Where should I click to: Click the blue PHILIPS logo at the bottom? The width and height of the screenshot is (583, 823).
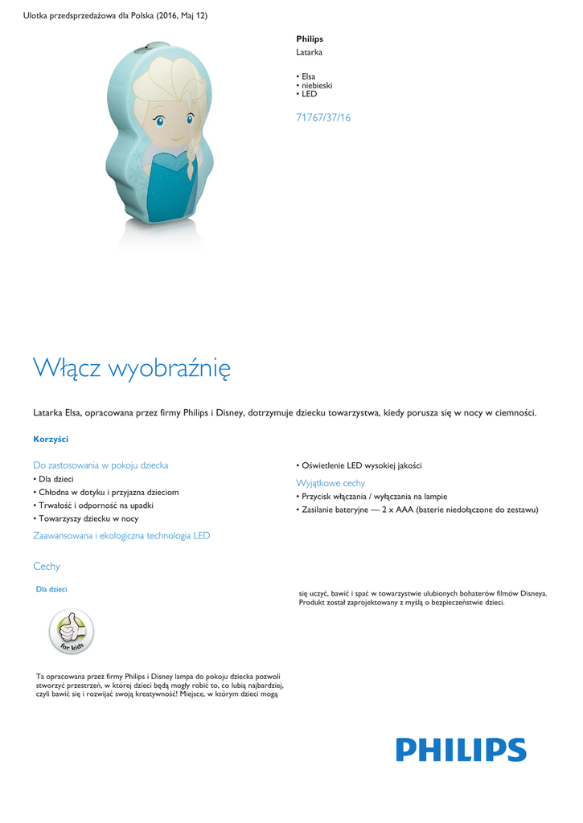click(461, 750)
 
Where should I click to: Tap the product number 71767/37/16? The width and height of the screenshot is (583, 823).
click(323, 117)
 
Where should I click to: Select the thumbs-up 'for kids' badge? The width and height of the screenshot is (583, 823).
click(72, 633)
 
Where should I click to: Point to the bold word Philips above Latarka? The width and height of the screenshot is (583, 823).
click(310, 39)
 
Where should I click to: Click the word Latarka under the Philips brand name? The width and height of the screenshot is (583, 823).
click(310, 51)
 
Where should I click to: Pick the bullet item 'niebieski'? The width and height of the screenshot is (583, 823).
click(317, 85)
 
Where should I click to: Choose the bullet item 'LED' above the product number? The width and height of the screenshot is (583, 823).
click(310, 94)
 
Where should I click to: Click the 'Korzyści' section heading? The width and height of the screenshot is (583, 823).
click(51, 439)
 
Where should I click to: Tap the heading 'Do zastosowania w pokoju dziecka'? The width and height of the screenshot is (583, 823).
click(101, 465)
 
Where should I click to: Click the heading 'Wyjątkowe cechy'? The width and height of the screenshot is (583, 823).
click(331, 483)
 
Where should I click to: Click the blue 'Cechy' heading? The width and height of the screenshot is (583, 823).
click(47, 567)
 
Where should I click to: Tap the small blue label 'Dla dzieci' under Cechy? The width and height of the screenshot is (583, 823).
click(51, 589)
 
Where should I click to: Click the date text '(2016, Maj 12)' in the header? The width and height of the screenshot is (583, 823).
click(179, 16)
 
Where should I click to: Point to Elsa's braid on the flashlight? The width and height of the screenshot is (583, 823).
click(190, 161)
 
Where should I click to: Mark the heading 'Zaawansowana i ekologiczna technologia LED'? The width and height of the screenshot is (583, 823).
click(121, 535)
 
